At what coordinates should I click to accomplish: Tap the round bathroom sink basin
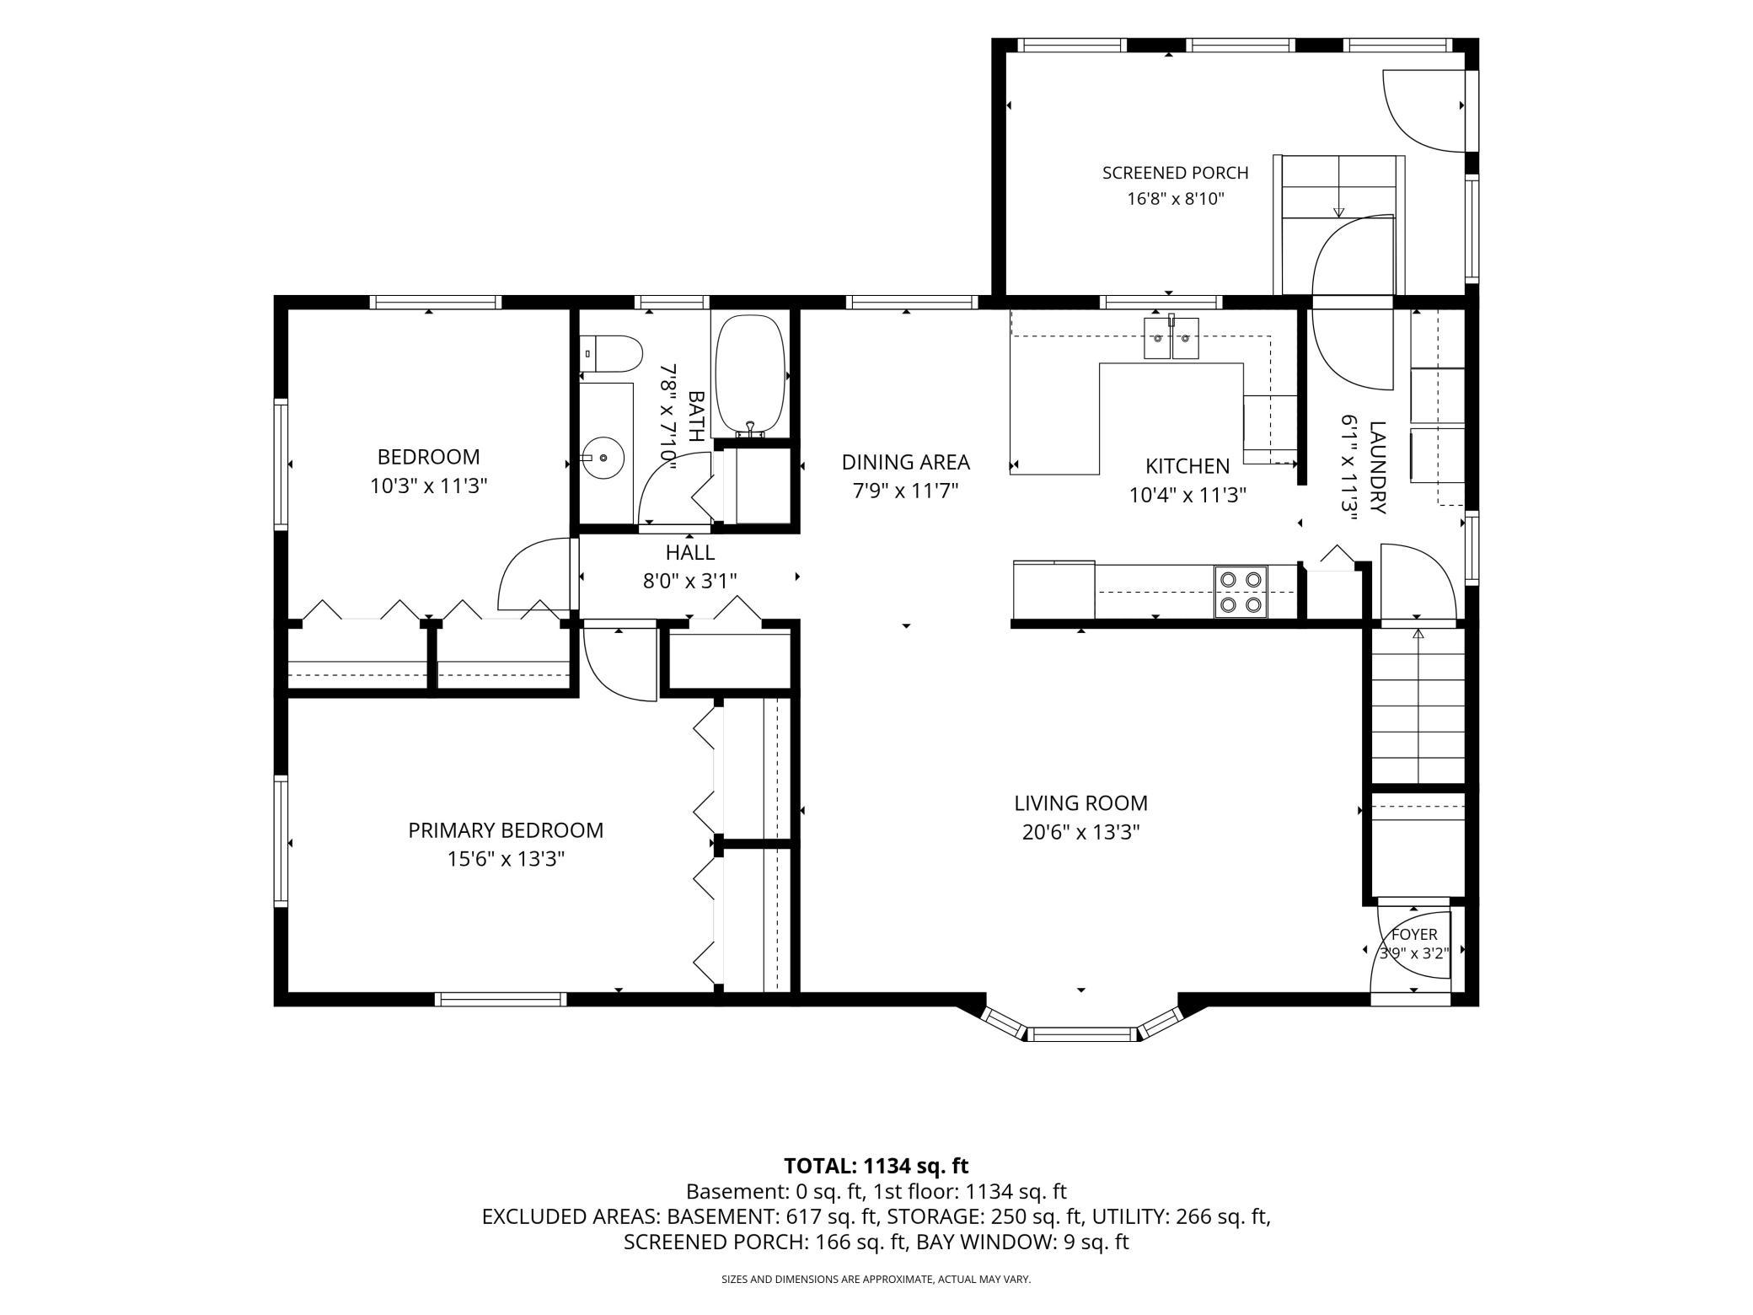tap(603, 458)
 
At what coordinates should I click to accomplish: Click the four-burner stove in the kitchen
tap(1241, 592)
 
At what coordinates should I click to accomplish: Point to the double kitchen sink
tap(1171, 338)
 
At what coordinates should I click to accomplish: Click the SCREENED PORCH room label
tap(1175, 173)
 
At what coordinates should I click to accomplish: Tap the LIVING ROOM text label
tap(1080, 803)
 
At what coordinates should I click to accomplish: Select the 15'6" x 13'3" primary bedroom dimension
tap(506, 859)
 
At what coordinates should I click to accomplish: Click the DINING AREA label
tap(905, 462)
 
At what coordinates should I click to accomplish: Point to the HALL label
tap(690, 552)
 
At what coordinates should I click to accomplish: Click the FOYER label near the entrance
tap(1414, 935)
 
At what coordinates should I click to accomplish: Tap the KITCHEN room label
tap(1187, 466)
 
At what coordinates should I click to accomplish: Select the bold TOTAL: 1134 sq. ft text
tap(876, 1166)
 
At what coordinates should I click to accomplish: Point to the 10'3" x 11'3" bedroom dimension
tap(429, 486)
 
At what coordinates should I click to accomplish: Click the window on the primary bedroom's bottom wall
tap(501, 1000)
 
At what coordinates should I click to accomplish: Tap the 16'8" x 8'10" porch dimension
tap(1175, 200)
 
